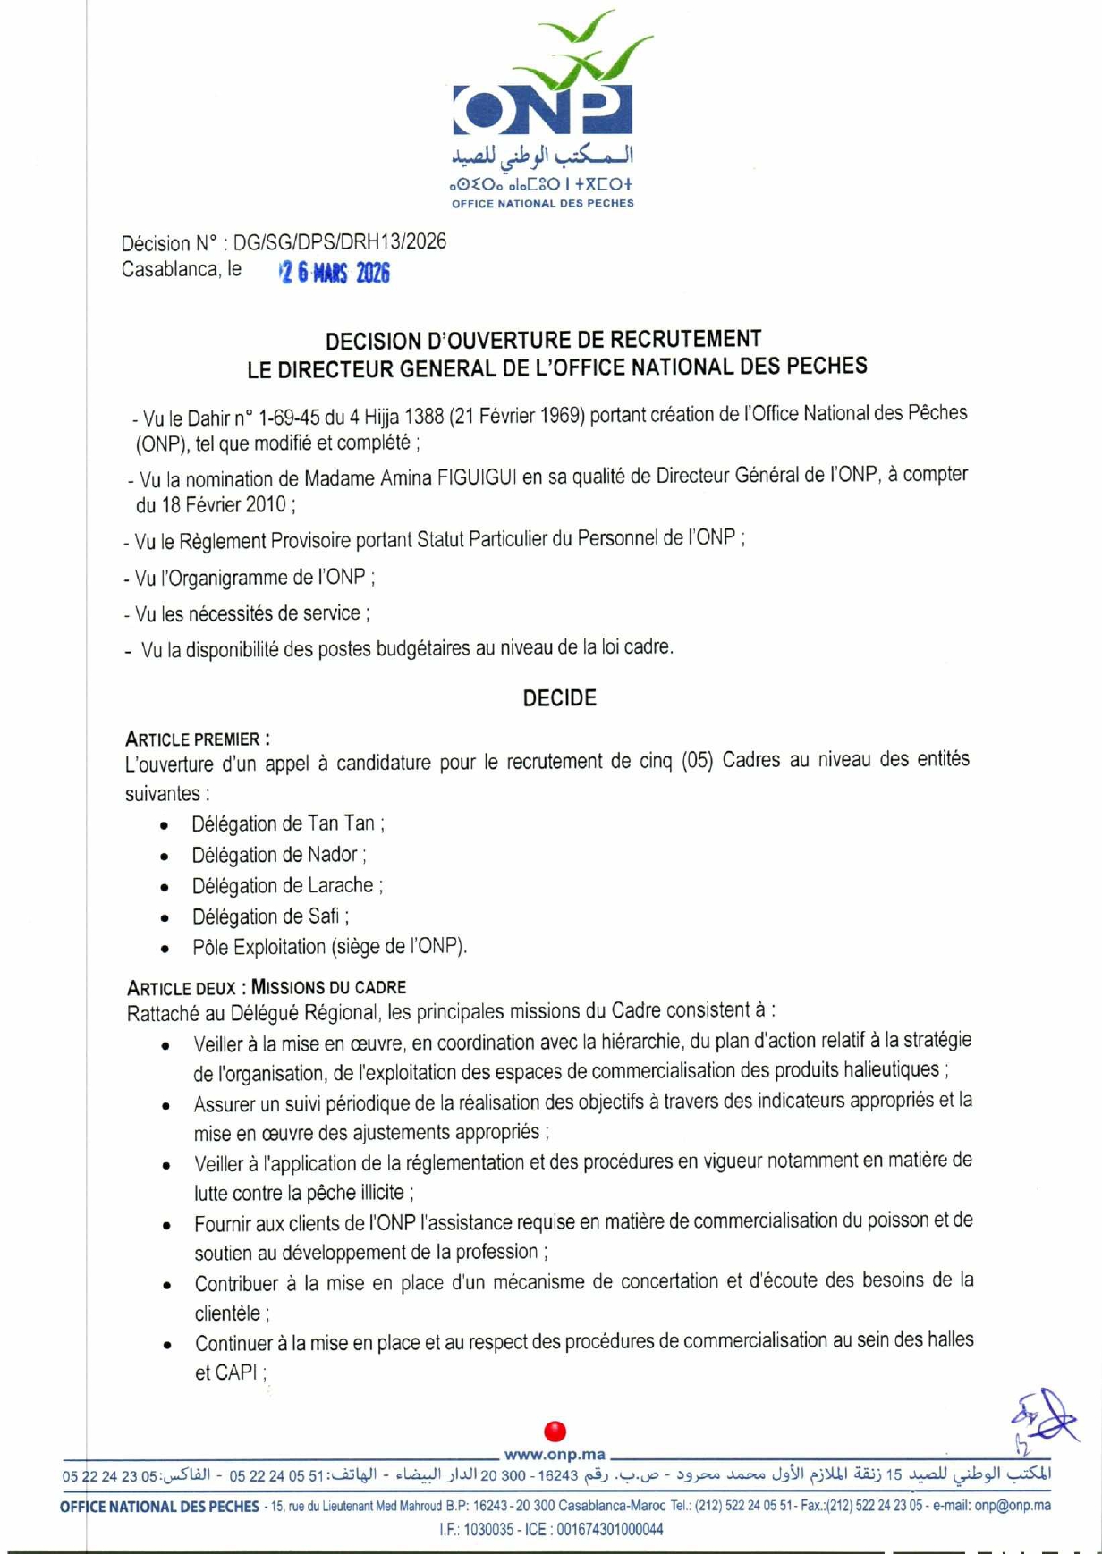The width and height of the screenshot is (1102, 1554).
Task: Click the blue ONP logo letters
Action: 542,110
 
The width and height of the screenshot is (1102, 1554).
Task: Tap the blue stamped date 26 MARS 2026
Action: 335,273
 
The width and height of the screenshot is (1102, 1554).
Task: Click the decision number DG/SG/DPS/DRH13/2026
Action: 340,242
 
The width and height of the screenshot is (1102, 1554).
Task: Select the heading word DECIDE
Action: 559,698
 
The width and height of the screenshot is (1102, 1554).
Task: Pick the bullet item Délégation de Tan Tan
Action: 288,823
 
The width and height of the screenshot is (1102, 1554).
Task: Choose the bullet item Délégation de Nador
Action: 278,855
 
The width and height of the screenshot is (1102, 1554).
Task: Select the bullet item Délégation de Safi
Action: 269,916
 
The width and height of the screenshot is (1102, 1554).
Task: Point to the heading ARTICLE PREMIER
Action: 197,739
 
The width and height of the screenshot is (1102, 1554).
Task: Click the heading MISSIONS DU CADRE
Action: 328,987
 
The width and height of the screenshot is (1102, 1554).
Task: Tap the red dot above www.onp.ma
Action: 555,1431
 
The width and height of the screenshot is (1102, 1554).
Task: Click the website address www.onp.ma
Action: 555,1454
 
